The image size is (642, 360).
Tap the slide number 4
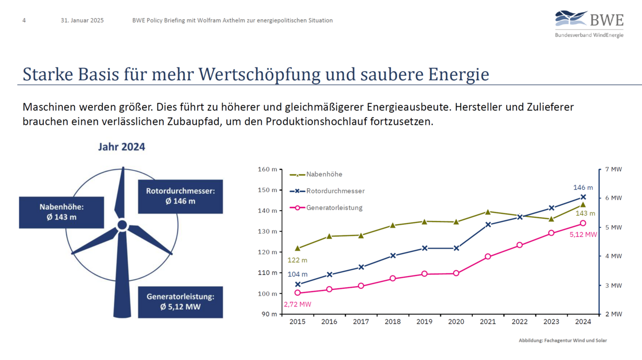click(x=24, y=20)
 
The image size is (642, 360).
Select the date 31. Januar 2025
click(x=82, y=20)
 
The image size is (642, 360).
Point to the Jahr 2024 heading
click(x=121, y=147)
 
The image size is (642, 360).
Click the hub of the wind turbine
click(x=122, y=225)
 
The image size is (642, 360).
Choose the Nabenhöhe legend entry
click(x=324, y=174)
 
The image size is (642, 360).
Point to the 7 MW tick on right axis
click(x=613, y=169)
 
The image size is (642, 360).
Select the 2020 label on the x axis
click(x=456, y=322)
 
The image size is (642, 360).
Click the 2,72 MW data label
click(x=297, y=304)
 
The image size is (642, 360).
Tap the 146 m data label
click(x=583, y=188)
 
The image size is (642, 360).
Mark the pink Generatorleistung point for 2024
click(x=583, y=223)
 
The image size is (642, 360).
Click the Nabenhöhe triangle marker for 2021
click(x=488, y=212)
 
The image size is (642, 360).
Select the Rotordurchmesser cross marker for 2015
click(x=297, y=284)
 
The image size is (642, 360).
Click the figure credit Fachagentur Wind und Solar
click(x=563, y=340)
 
